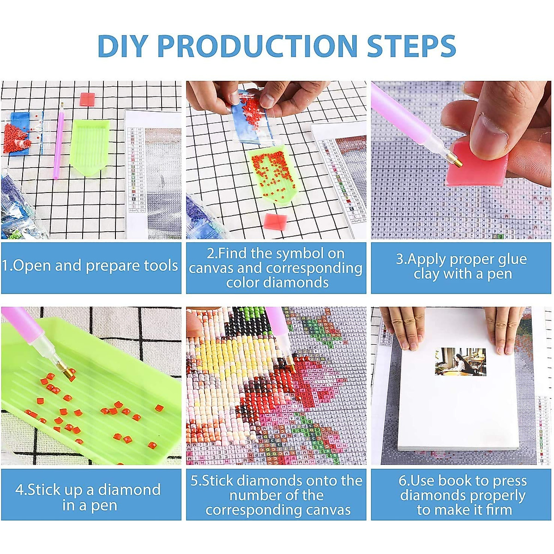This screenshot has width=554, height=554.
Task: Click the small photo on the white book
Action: [x=460, y=361]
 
